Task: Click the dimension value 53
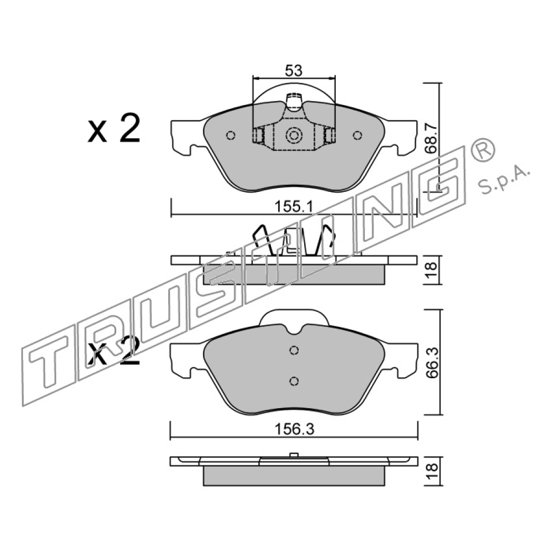[x=294, y=71]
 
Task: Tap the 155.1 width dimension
[x=294, y=207]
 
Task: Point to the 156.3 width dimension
[x=294, y=430]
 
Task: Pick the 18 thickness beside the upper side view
[x=431, y=270]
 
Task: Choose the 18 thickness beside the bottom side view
[x=431, y=471]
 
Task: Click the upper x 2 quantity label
[x=114, y=128]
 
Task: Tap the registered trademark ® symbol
[x=483, y=150]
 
